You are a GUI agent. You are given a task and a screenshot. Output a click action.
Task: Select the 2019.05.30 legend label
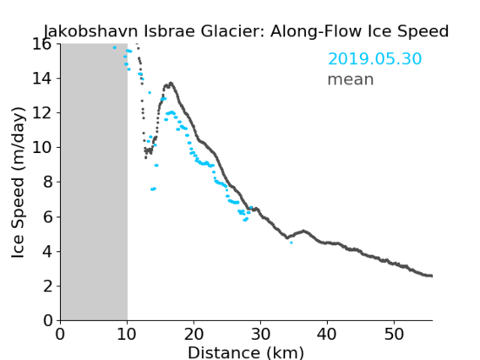374,58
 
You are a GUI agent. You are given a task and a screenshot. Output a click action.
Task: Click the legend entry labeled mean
351,79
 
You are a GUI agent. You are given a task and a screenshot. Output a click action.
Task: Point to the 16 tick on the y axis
42,45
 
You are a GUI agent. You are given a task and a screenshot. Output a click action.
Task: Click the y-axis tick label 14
42,79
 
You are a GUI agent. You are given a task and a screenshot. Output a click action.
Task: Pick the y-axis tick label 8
47,183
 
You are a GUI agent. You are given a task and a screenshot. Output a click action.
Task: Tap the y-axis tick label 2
47,286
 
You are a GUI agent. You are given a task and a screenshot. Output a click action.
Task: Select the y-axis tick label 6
47,217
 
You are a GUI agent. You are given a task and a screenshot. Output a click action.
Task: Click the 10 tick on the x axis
127,334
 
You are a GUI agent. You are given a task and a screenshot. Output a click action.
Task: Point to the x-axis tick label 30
260,334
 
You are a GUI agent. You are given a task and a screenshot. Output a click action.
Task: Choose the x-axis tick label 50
394,334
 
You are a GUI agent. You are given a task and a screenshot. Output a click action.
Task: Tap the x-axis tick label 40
327,334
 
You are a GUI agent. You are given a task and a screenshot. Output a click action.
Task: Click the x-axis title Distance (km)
246,352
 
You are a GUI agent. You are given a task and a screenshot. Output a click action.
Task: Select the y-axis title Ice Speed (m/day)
18,183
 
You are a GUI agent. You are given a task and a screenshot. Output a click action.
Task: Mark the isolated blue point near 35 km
291,243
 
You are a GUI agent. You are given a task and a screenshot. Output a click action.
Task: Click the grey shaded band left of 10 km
94,183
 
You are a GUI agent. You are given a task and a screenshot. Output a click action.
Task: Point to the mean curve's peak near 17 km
171,83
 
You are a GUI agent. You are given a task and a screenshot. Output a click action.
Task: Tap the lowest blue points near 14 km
153,189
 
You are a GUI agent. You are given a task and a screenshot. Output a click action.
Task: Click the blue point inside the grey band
115,47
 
